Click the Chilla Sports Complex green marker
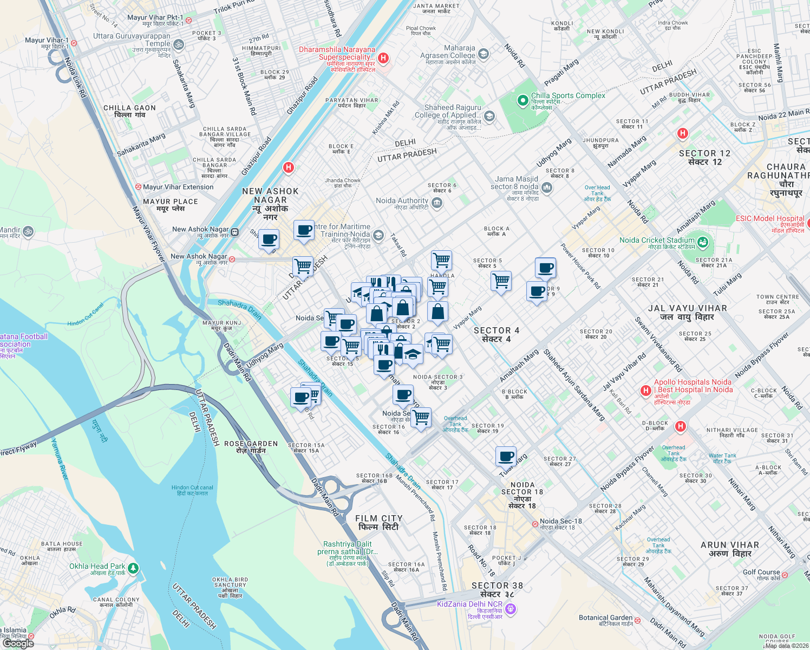(522, 100)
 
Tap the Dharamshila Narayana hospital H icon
(383, 58)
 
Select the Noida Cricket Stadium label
(657, 240)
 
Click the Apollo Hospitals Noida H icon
(645, 391)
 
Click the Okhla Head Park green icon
(133, 568)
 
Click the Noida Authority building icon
(437, 203)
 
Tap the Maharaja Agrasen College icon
(484, 54)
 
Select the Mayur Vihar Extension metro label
(178, 187)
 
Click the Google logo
(18, 643)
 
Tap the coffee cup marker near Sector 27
(506, 456)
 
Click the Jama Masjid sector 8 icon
(547, 188)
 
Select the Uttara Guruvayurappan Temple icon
(179, 44)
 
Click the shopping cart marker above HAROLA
(442, 260)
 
